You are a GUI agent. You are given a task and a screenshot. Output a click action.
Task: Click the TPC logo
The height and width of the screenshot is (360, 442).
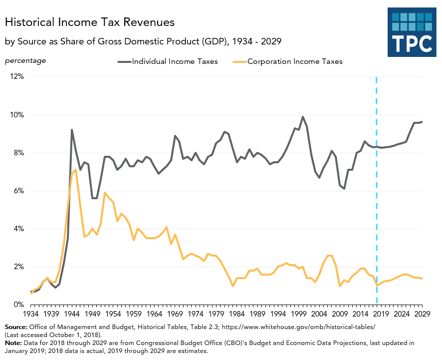(x=412, y=32)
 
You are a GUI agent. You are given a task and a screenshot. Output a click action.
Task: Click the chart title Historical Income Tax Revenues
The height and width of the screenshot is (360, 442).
(x=90, y=22)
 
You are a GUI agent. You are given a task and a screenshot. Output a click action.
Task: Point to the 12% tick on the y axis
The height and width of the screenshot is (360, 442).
(x=15, y=77)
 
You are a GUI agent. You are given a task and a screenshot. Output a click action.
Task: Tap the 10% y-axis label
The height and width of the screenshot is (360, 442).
(x=15, y=115)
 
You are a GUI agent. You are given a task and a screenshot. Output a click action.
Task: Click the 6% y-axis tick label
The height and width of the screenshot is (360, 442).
(x=17, y=191)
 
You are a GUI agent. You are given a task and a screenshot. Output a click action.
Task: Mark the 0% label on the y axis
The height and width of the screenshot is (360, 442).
(x=17, y=305)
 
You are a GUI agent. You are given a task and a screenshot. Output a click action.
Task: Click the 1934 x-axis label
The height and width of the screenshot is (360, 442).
(x=31, y=314)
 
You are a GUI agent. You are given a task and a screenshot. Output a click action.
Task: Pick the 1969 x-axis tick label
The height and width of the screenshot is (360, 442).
(x=174, y=314)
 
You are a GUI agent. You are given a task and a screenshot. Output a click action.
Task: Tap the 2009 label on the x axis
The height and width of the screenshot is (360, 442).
(x=340, y=314)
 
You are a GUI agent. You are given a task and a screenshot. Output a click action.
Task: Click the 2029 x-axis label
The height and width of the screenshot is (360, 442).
(x=422, y=314)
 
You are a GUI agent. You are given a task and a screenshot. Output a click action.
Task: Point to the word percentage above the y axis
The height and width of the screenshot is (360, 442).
(x=25, y=61)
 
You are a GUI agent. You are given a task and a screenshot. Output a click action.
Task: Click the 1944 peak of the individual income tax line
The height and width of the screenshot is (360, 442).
(x=72, y=130)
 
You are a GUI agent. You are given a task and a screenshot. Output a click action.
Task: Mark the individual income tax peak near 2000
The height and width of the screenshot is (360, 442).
(x=303, y=117)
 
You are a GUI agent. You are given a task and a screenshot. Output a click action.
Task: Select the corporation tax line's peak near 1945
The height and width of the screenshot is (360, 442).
(x=76, y=170)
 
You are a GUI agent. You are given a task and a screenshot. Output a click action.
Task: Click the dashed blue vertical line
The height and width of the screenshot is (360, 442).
(x=376, y=200)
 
